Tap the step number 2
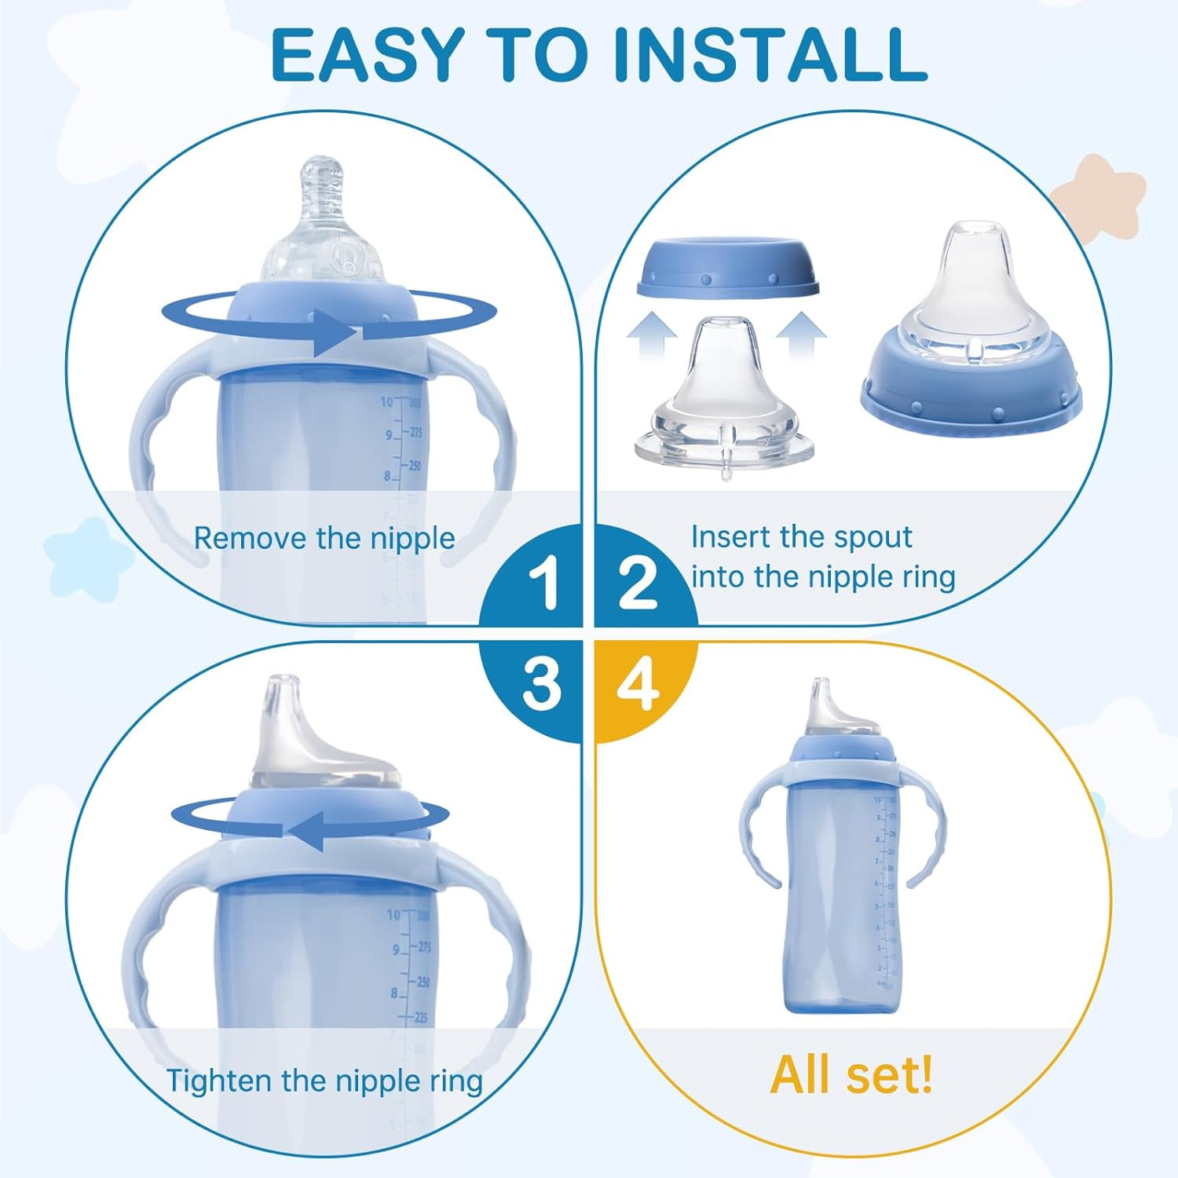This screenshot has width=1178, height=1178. pos(637,583)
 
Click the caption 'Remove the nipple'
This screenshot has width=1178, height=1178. pos(324,538)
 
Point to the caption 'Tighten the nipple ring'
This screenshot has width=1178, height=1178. pos(324,1081)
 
